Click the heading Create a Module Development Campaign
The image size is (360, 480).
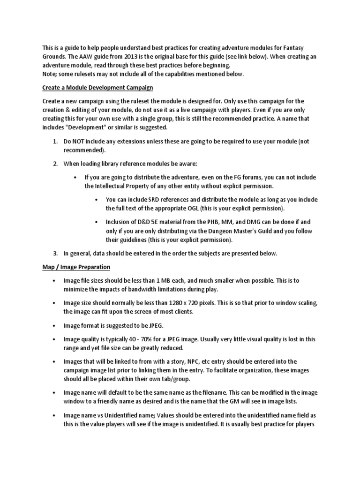97,87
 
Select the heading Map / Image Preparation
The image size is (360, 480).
76,267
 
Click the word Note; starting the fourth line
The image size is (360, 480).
50,74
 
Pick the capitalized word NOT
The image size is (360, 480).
80,142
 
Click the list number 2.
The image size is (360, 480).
55,164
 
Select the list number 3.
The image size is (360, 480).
55,253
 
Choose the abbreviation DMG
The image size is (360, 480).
275,222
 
